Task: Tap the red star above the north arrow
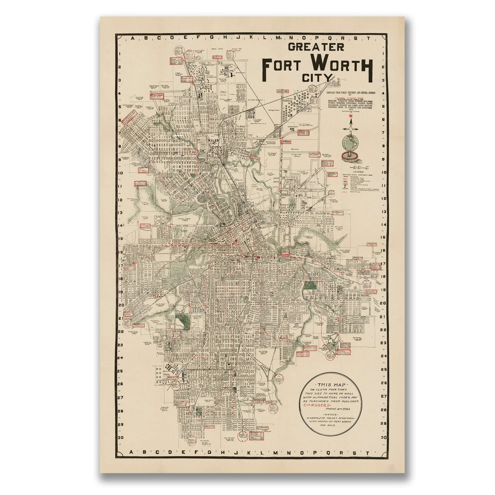point(351,116)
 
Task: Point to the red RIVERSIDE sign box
point(286,142)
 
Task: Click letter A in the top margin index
point(132,38)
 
